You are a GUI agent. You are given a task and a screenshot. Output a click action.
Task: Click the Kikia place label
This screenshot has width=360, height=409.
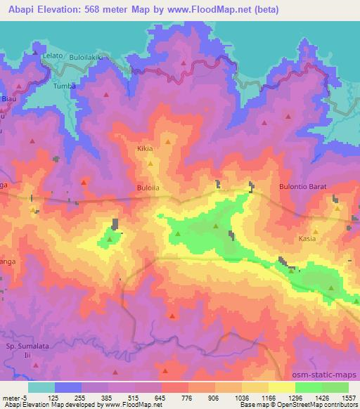(145, 149)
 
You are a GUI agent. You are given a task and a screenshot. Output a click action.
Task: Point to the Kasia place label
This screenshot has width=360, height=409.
(307, 239)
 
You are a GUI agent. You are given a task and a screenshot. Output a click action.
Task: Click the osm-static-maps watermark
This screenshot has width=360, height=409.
(330, 375)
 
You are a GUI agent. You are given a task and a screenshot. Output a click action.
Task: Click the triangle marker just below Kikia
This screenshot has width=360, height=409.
(150, 163)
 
